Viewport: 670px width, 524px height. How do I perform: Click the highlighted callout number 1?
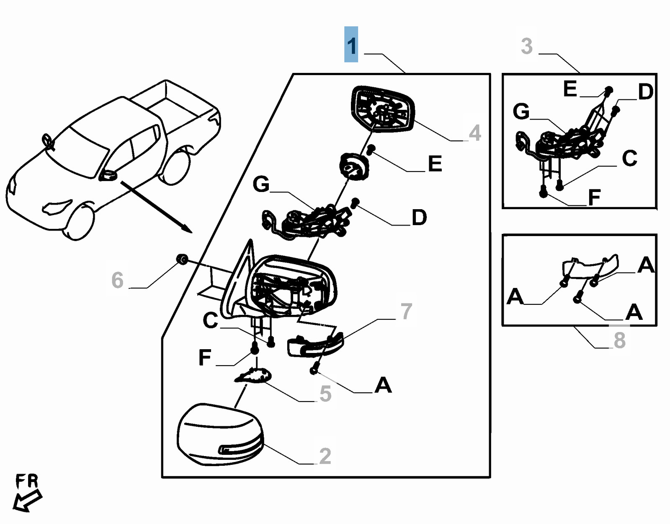click(x=351, y=45)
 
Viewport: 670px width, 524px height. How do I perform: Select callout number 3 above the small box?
click(x=527, y=46)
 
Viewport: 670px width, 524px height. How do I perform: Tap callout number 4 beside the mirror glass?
click(x=474, y=133)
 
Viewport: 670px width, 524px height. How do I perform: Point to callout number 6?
click(x=117, y=280)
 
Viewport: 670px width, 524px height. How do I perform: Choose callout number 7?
click(x=406, y=311)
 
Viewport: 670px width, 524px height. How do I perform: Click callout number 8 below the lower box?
click(x=619, y=340)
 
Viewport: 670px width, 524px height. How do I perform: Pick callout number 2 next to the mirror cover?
click(x=325, y=456)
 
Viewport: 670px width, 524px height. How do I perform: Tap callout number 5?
click(x=325, y=394)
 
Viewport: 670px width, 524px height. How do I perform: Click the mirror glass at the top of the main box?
click(x=382, y=110)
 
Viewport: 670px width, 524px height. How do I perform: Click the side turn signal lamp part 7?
click(x=315, y=345)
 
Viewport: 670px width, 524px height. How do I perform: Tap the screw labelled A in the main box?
click(x=314, y=370)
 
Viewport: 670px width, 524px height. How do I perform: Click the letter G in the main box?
click(x=261, y=184)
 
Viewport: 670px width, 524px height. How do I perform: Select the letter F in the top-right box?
click(x=594, y=197)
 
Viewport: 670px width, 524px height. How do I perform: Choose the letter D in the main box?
click(x=419, y=218)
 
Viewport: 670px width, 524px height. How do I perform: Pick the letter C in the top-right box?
click(x=629, y=158)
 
